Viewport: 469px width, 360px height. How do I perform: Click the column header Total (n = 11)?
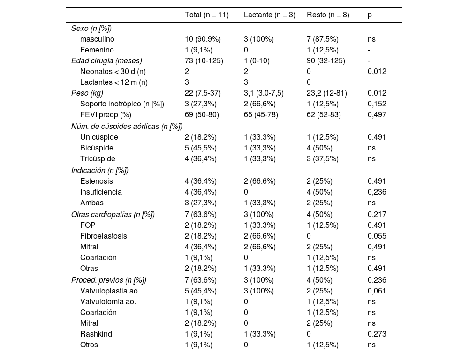pyautogui.click(x=206, y=15)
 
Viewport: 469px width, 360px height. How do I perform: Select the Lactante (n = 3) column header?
pyautogui.click(x=269, y=15)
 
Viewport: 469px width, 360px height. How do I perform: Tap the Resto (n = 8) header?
pyautogui.click(x=328, y=15)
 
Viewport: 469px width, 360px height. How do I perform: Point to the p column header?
pyautogui.click(x=370, y=15)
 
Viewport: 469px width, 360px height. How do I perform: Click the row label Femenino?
pyautogui.click(x=97, y=50)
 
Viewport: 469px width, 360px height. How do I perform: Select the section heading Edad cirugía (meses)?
pyautogui.click(x=106, y=60)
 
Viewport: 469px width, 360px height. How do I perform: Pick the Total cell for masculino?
pyautogui.click(x=203, y=39)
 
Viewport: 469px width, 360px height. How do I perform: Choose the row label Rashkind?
pyautogui.click(x=96, y=334)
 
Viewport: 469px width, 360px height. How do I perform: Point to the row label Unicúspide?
pyautogui.click(x=99, y=137)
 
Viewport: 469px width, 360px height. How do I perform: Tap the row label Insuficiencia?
pyautogui.click(x=101, y=192)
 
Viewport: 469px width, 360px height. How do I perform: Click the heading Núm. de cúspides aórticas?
pyautogui.click(x=127, y=126)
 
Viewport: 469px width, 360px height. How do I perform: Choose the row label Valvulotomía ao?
pyautogui.click(x=108, y=301)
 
